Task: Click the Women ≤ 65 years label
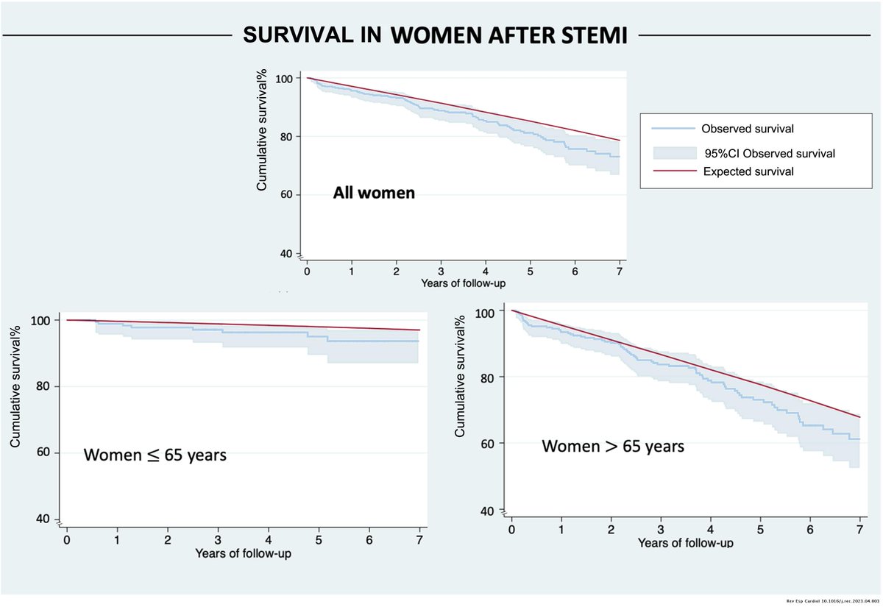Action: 154,455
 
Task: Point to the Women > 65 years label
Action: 613,446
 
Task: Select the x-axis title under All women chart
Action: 463,283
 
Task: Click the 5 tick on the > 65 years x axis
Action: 761,530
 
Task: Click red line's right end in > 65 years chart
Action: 858,417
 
